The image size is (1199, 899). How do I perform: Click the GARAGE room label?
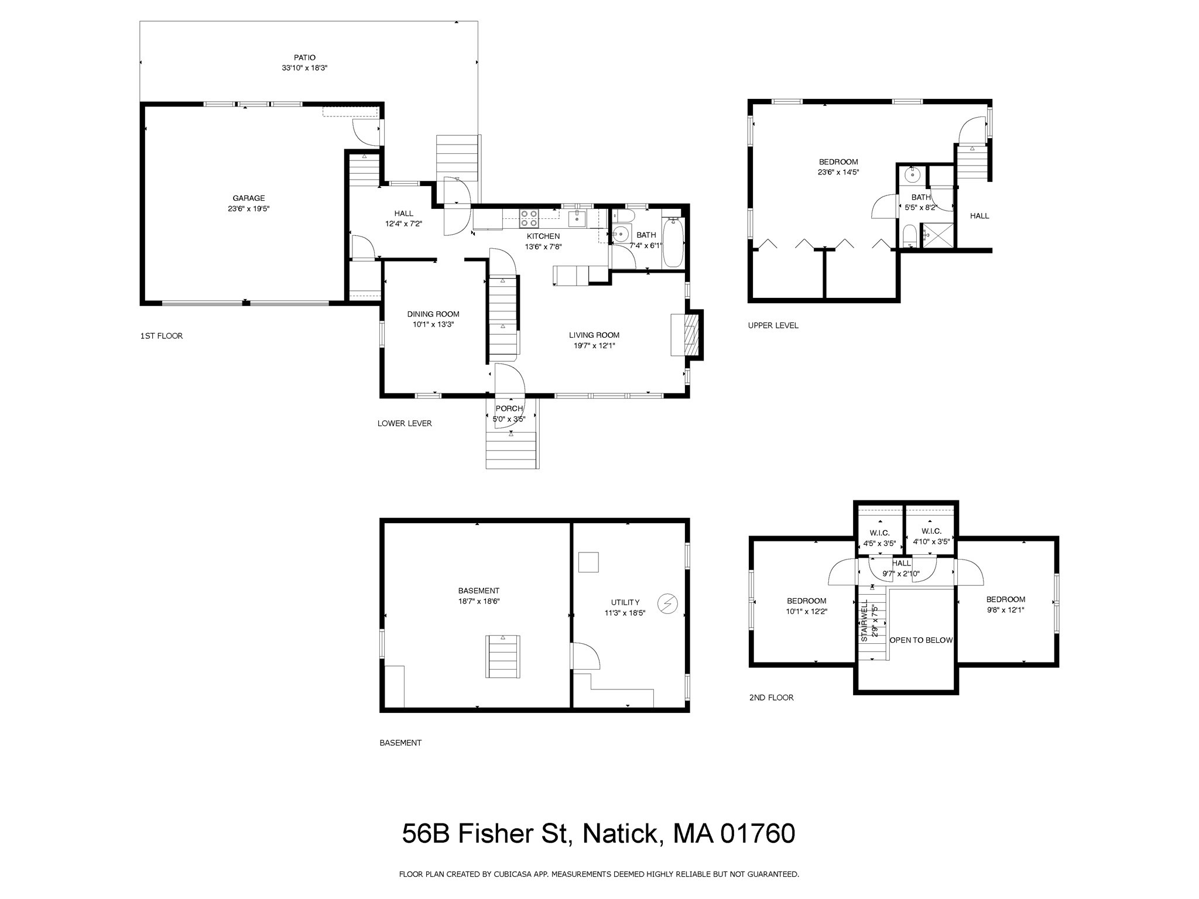tap(248, 198)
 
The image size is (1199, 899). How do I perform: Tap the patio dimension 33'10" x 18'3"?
tap(304, 68)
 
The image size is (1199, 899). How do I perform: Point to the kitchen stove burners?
tap(529, 218)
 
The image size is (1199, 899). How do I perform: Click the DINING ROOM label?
tap(433, 314)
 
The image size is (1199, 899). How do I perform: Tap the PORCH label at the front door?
tap(509, 409)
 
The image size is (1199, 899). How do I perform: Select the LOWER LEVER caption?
tap(405, 423)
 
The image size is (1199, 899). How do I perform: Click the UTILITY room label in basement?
tap(625, 602)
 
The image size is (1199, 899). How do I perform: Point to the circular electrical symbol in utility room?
tap(667, 603)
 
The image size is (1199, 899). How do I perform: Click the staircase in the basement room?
tap(503, 656)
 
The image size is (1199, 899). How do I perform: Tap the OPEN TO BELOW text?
tap(921, 640)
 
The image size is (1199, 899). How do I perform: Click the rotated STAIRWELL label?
tap(865, 620)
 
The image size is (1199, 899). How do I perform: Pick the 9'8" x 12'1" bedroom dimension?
tap(1005, 610)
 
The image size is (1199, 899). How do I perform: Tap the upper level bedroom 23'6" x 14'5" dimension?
tap(838, 173)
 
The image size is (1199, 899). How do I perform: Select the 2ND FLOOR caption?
tap(771, 698)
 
